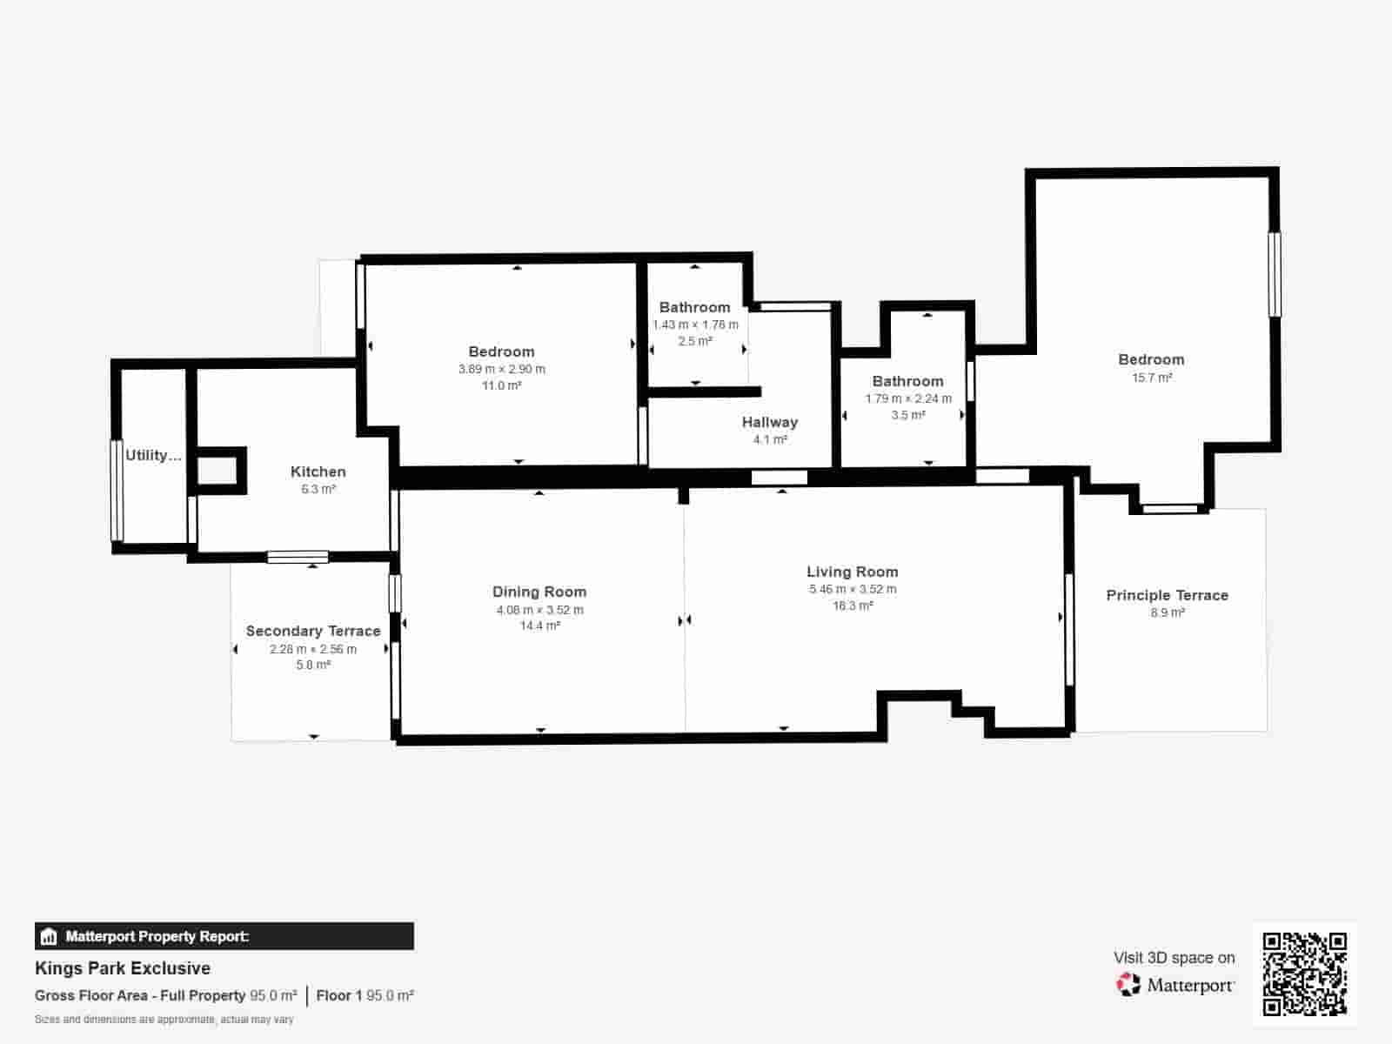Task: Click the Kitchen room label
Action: [318, 472]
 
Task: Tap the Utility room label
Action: [153, 455]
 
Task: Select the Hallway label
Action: [769, 422]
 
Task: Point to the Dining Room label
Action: [539, 592]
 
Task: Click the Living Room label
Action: [852, 572]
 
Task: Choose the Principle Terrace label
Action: [1167, 595]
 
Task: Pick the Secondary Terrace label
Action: [313, 631]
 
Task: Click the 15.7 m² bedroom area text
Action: [1152, 378]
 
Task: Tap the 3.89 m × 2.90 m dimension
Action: [502, 369]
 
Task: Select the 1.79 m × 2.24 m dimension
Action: [908, 398]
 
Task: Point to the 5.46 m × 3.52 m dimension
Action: [853, 589]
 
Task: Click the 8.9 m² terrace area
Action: [1168, 612]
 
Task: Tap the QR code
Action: [1304, 974]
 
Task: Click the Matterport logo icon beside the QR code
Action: [1128, 985]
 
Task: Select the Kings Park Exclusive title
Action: [123, 968]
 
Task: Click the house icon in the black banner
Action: [49, 937]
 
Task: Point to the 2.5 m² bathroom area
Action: [695, 341]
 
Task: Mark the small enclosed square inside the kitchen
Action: [217, 471]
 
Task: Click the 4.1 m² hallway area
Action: [770, 439]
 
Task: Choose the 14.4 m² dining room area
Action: [539, 626]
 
